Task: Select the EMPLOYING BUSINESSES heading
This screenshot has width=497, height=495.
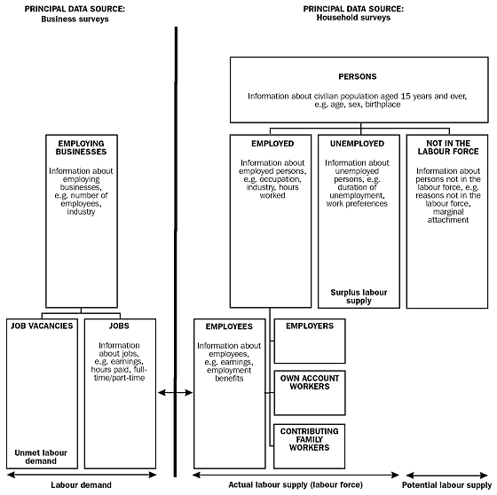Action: (81, 148)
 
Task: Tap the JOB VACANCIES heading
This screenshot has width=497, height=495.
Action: (41, 326)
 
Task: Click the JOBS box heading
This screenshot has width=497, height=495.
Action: (119, 326)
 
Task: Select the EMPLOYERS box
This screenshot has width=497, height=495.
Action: (310, 326)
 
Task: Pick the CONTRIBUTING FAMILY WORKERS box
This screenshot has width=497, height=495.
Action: (310, 439)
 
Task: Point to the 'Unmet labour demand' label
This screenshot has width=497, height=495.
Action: (41, 456)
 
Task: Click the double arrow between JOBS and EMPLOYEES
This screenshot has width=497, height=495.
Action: (175, 390)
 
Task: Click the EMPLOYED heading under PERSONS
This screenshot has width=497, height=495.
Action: (272, 143)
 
